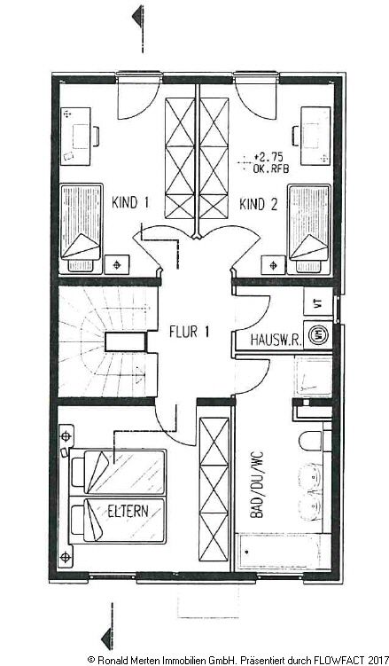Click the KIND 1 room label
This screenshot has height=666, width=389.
tap(130, 203)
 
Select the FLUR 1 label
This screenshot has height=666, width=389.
tap(189, 333)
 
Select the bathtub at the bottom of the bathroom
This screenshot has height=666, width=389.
tap(284, 551)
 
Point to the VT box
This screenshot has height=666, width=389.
tap(317, 302)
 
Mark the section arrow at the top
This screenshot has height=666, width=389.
tap(135, 16)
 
